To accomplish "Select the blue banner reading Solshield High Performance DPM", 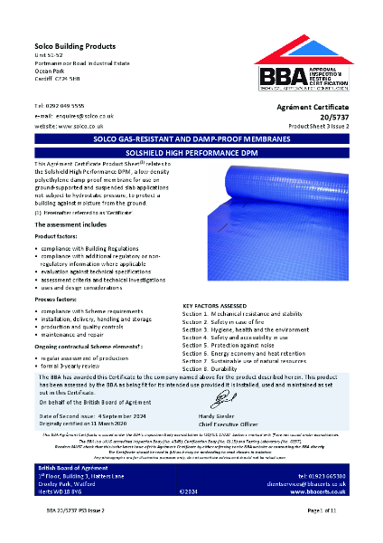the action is tap(191, 151).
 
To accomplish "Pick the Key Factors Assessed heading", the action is tap(221, 305).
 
